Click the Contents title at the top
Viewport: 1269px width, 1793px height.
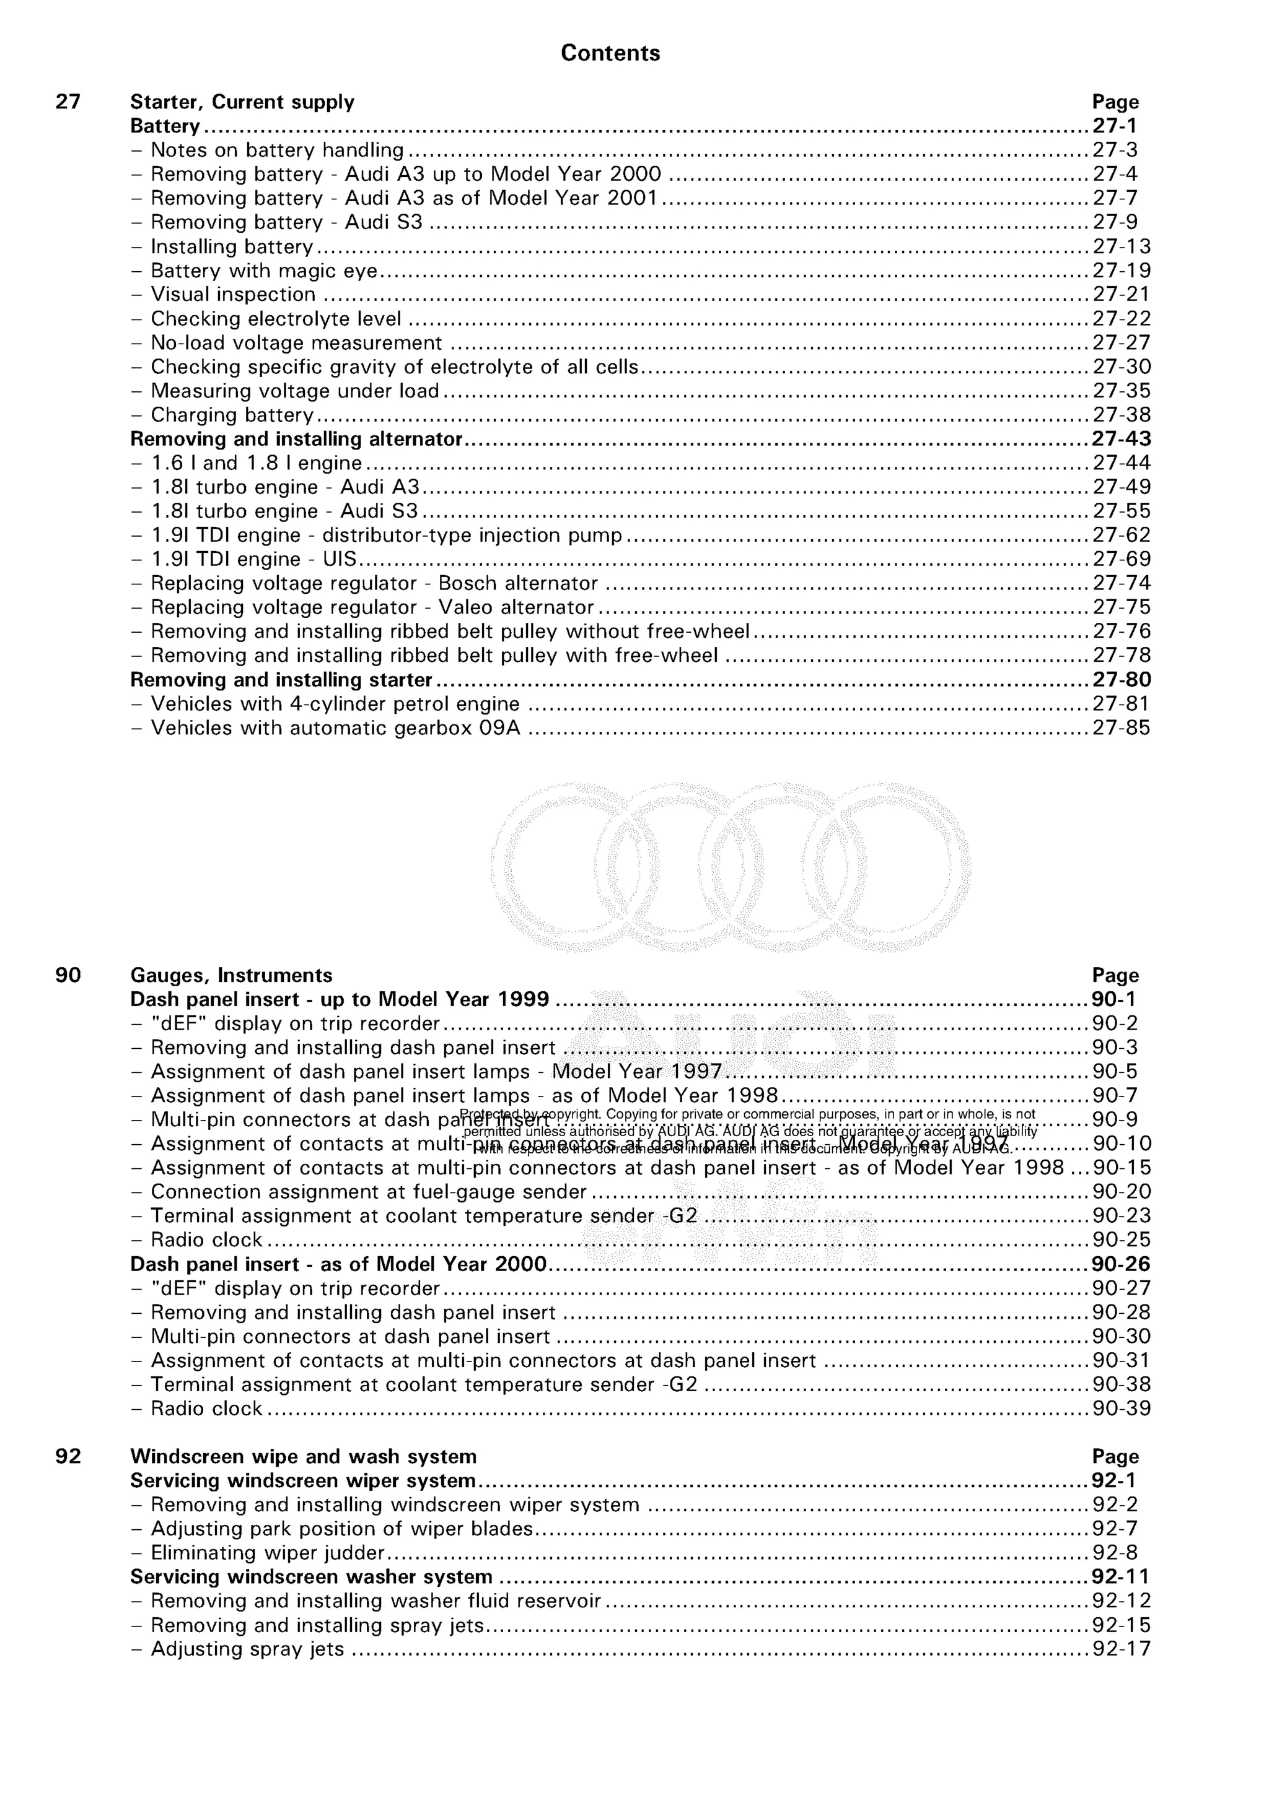(610, 53)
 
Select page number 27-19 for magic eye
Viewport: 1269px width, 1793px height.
(1122, 271)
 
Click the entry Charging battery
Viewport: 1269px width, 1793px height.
(232, 415)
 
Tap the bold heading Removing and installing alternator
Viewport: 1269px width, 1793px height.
(296, 439)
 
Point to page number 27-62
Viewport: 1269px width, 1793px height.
(1122, 536)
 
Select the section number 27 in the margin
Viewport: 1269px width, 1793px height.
(68, 102)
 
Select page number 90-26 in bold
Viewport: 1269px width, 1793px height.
(1122, 1264)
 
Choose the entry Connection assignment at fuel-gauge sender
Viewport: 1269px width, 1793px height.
(368, 1192)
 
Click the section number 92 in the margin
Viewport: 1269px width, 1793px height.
(68, 1457)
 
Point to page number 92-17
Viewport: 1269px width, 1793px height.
(1122, 1649)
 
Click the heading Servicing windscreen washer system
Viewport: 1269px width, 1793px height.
(311, 1577)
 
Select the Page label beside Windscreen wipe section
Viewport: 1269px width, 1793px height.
(1115, 1457)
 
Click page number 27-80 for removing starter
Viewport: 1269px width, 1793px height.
(1122, 680)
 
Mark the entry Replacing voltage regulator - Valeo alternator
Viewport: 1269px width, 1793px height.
(372, 607)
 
